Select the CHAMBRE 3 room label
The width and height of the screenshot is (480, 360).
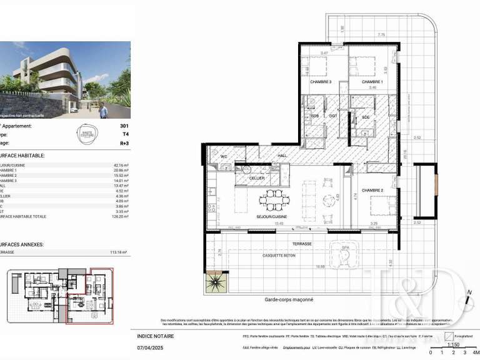click(x=321, y=82)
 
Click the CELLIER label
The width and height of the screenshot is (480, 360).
click(x=256, y=178)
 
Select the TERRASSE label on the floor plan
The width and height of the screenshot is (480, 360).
click(x=302, y=244)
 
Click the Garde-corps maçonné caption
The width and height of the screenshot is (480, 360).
click(x=289, y=300)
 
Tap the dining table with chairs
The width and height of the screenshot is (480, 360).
click(x=274, y=201)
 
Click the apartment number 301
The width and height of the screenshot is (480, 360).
click(x=124, y=126)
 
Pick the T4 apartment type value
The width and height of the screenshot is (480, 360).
click(x=125, y=134)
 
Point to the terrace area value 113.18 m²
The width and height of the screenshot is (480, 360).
click(x=117, y=252)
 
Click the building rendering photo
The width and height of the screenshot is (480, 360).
click(x=66, y=80)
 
